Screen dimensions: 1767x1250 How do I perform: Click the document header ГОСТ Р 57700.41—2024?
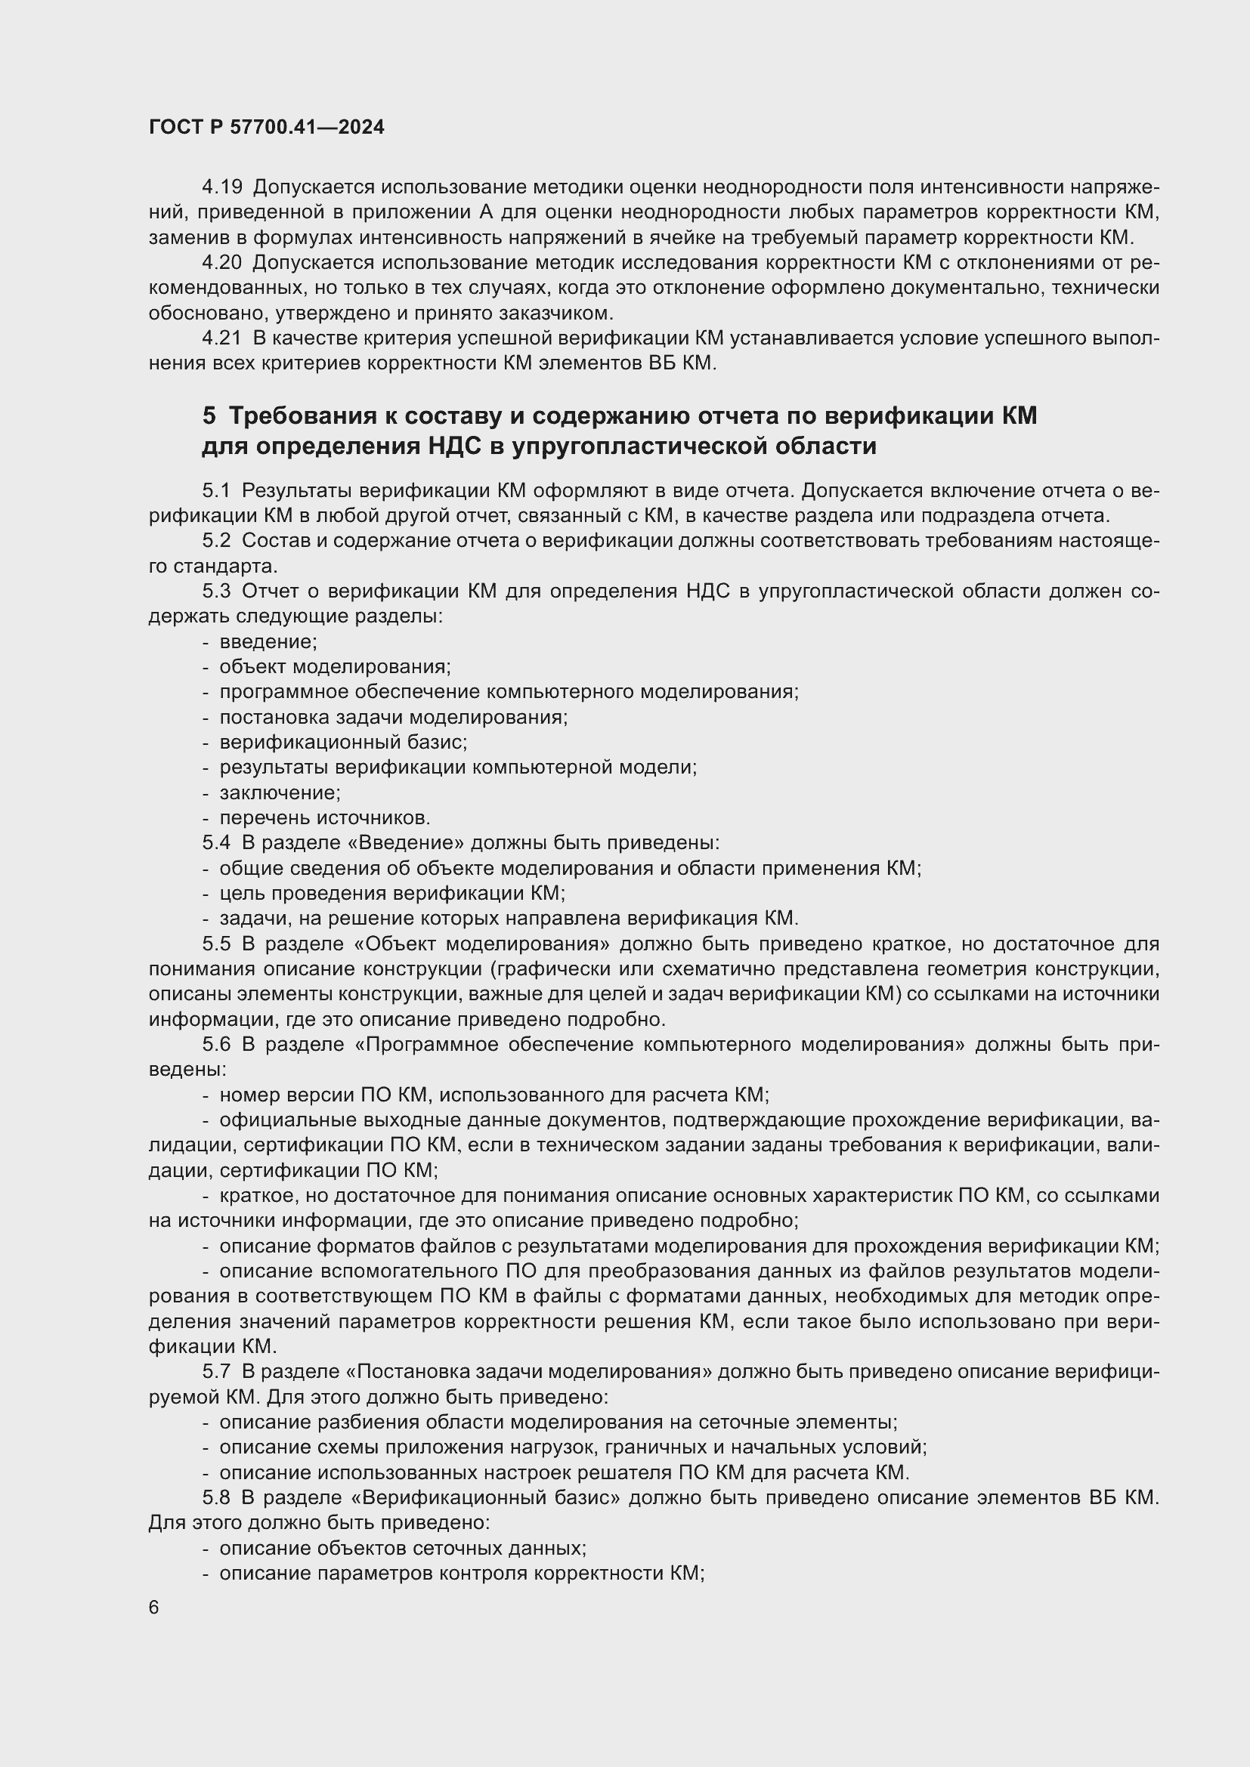point(266,128)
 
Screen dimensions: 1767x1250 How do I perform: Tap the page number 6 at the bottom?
point(154,1608)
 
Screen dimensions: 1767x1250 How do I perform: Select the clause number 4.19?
point(221,187)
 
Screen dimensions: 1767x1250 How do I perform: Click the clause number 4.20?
point(221,262)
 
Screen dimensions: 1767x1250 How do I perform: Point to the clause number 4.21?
point(221,338)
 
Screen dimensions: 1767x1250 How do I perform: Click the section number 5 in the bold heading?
point(209,416)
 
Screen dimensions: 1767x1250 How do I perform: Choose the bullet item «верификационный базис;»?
point(343,742)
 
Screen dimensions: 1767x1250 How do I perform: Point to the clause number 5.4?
point(216,843)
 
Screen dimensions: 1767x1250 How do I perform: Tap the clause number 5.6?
point(216,1044)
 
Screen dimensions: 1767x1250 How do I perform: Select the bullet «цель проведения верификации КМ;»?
point(392,893)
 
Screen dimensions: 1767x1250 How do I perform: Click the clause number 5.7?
point(216,1371)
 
